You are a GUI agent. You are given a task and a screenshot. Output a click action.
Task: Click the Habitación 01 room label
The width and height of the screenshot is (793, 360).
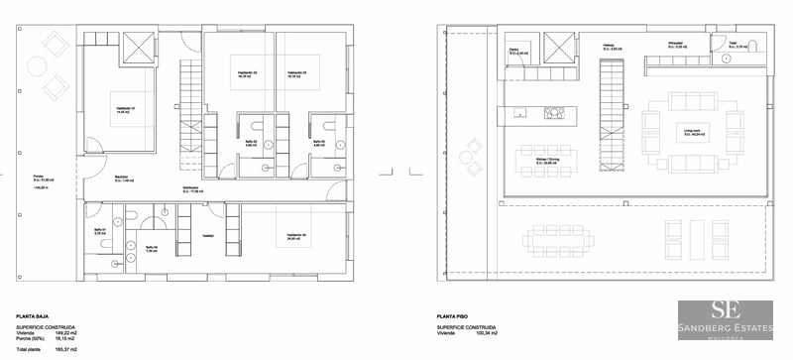(x=123, y=110)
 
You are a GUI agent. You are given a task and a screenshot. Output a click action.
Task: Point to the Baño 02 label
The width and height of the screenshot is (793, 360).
(x=251, y=143)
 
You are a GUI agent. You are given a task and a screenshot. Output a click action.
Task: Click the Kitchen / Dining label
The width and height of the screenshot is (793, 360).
(x=536, y=159)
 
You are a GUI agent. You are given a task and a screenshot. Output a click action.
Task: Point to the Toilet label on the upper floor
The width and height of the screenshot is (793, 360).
(x=732, y=45)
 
